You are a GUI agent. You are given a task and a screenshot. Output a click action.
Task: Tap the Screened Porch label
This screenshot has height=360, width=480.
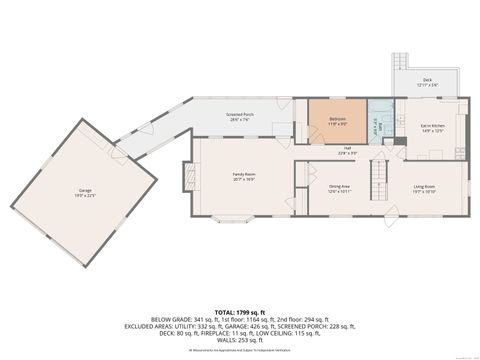(239, 116)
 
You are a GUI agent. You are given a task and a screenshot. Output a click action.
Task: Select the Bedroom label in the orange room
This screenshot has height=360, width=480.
(337, 118)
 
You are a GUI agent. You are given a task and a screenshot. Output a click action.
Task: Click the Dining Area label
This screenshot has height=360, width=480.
(339, 187)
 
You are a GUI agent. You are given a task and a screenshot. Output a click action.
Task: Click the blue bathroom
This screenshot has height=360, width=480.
(380, 124)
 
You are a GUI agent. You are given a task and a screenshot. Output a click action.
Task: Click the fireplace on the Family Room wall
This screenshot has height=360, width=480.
(186, 177)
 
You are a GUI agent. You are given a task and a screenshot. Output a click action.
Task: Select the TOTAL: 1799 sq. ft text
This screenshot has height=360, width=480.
(239, 310)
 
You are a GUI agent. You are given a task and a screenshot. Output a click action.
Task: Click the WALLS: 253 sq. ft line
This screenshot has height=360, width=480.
(239, 340)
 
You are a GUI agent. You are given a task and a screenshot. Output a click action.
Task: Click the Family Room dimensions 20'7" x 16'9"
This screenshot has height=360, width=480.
(246, 181)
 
